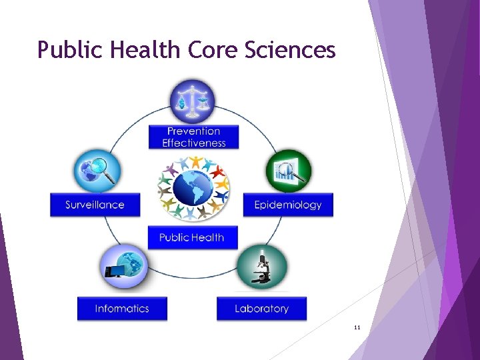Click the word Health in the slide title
click(x=140, y=50)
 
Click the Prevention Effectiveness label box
click(x=193, y=137)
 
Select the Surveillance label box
click(x=95, y=205)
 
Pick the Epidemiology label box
click(x=288, y=205)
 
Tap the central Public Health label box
click(x=192, y=237)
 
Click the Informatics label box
click(x=122, y=309)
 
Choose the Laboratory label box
click(x=262, y=309)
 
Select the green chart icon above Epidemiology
click(x=289, y=172)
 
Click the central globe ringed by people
click(x=193, y=188)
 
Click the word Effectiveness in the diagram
click(x=194, y=143)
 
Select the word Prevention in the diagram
click(x=193, y=131)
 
